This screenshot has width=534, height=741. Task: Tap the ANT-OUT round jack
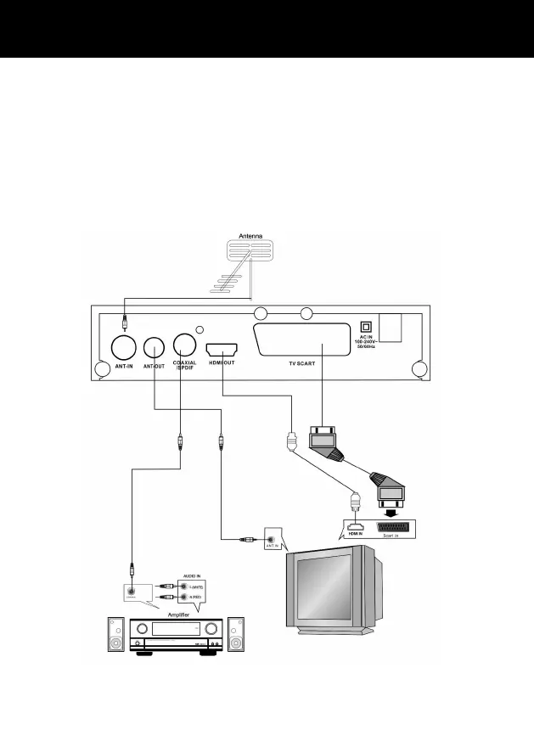click(x=155, y=346)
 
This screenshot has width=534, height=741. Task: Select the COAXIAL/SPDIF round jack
click(x=185, y=345)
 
